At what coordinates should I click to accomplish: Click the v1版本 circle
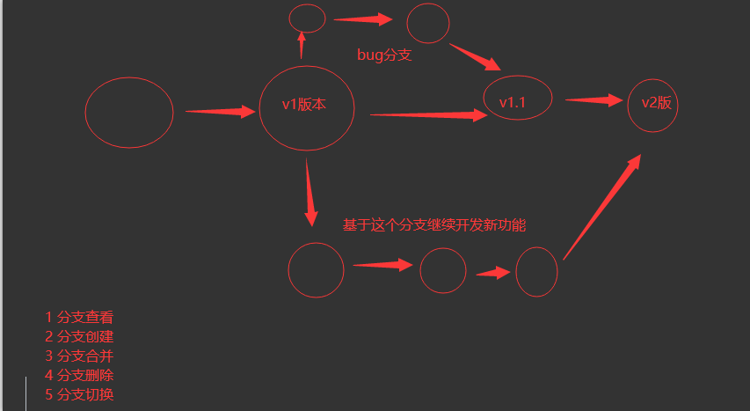306,106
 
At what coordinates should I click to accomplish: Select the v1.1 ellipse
518,98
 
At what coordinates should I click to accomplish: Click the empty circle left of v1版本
129,112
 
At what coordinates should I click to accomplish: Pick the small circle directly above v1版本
307,18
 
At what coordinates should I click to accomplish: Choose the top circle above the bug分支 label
428,23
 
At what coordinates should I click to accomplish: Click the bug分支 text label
384,55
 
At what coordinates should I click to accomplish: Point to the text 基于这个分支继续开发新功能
434,225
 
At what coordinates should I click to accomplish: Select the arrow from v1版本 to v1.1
427,114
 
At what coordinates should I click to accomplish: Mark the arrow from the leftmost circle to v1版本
219,112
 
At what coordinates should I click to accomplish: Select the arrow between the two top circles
362,18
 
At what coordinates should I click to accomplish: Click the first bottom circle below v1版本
316,270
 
